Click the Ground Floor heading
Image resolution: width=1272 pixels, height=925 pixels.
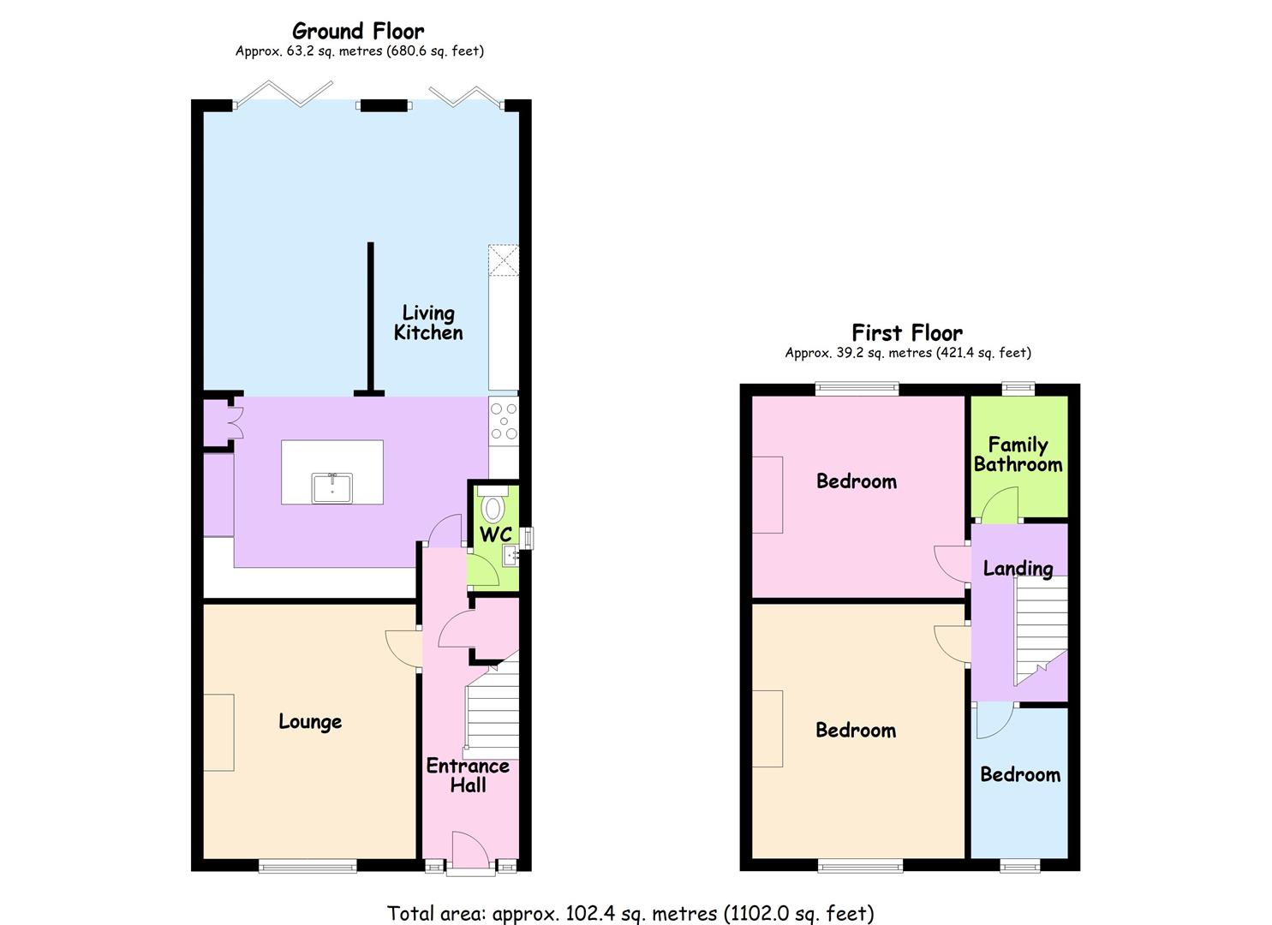coord(358,32)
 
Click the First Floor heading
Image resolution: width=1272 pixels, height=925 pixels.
coord(907,332)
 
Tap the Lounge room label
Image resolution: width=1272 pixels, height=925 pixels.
coord(310,722)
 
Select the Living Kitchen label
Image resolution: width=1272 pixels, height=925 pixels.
coord(428,323)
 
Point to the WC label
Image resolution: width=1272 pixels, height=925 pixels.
coord(495,534)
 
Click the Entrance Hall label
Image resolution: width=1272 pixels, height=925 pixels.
coord(468,775)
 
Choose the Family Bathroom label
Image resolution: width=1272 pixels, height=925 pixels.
coord(1018,455)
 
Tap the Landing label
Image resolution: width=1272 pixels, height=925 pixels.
coord(1018,568)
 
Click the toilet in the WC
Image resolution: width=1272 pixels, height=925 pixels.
coord(493,506)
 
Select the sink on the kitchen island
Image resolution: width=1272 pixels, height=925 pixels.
coord(331,487)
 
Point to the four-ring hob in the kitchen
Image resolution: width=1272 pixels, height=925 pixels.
coord(503,421)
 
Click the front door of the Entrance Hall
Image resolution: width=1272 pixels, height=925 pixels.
coord(470,852)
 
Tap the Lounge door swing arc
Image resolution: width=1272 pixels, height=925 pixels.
coord(402,647)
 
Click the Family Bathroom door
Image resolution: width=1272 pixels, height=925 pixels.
coord(1000,505)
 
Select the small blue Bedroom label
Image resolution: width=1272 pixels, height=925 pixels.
coord(1020,774)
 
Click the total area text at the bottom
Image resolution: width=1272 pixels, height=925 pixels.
coord(630,913)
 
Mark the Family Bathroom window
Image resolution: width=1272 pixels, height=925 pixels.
coord(1018,388)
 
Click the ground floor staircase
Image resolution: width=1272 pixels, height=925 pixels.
coord(493,711)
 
